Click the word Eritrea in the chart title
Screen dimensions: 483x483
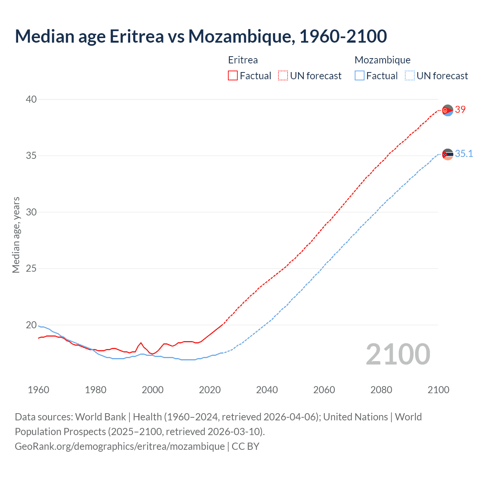[x=137, y=37]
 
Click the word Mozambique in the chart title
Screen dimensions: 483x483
[x=241, y=37]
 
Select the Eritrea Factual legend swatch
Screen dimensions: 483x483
[x=233, y=76]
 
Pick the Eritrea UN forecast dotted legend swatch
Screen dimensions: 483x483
[x=283, y=76]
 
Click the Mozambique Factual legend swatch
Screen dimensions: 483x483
[x=360, y=76]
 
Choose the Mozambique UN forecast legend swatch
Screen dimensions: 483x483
[x=409, y=76]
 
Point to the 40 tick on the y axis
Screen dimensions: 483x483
[x=31, y=99]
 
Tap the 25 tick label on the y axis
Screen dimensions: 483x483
[x=31, y=269]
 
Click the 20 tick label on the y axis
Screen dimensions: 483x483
[x=31, y=325]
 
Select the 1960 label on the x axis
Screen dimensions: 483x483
[x=38, y=390]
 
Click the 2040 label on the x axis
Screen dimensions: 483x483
[x=267, y=390]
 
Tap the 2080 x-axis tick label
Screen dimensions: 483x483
[x=381, y=390]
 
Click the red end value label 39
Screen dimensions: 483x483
[x=460, y=110]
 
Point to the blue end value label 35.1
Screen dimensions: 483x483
[x=464, y=154]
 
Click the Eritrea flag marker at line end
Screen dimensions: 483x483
[x=448, y=111]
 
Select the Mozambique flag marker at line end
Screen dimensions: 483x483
[x=448, y=154]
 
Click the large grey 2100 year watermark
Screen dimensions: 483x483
[x=398, y=354]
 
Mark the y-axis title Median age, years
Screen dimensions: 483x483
[x=16, y=235]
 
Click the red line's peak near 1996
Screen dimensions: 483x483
[x=141, y=343]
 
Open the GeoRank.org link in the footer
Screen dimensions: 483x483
[x=120, y=446]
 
